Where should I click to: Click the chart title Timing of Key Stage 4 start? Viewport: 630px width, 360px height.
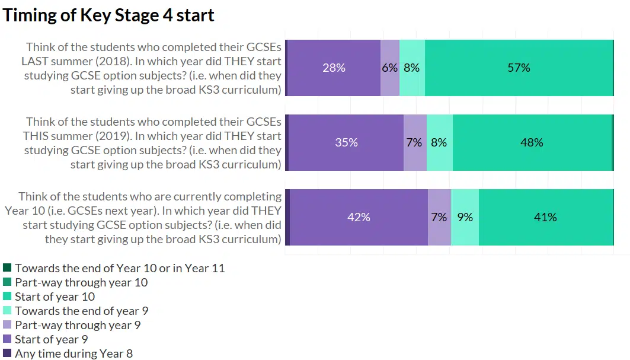[108, 15]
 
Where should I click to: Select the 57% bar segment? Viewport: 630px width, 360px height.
[519, 68]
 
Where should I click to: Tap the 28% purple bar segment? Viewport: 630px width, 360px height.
[334, 68]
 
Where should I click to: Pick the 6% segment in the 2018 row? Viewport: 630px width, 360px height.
[389, 68]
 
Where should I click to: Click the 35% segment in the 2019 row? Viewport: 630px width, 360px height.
[346, 142]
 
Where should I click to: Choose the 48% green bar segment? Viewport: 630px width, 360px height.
[532, 142]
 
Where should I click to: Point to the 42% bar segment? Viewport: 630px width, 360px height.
[359, 217]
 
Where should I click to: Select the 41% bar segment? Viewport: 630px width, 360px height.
[545, 217]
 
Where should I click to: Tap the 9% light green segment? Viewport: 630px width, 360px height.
[465, 217]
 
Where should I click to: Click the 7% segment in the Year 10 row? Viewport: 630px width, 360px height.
[439, 217]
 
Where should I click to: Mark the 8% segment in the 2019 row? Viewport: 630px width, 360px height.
[439, 142]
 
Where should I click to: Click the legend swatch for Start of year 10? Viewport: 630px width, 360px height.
[7, 297]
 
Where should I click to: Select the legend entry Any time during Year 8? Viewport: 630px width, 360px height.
[74, 353]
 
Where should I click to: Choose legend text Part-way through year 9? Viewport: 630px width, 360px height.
[78, 325]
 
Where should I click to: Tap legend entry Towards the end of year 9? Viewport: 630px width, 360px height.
[82, 311]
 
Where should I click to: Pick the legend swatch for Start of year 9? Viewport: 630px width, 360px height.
[7, 339]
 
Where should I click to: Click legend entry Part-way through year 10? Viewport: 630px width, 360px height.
[81, 282]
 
